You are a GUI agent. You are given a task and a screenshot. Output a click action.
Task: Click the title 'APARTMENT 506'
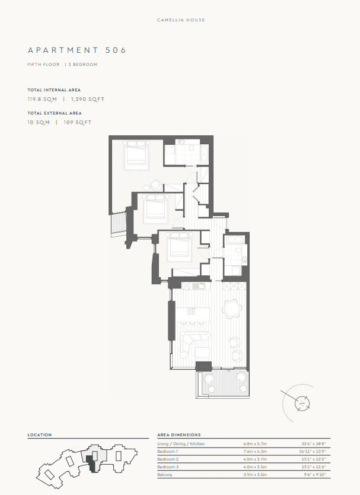[77, 50]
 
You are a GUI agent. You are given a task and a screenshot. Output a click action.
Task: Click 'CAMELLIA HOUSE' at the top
[181, 20]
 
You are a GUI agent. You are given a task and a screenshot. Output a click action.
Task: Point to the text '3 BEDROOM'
[83, 64]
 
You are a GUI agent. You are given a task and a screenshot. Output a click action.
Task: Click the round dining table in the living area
[232, 308]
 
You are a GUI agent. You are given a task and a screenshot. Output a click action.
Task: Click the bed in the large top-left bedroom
[136, 156]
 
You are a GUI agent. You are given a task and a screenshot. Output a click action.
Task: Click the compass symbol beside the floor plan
[303, 402]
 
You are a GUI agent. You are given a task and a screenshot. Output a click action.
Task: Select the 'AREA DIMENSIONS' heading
[179, 435]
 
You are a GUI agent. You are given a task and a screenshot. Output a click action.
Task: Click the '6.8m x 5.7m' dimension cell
[255, 444]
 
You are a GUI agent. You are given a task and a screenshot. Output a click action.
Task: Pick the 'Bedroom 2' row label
[168, 459]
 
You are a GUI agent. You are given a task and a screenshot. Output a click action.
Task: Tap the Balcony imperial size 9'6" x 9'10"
[314, 475]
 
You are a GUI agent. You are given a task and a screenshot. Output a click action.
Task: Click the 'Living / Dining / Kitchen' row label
[181, 444]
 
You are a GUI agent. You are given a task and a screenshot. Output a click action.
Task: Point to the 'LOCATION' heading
[40, 435]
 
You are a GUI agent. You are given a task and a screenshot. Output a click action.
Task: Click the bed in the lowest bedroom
[178, 246]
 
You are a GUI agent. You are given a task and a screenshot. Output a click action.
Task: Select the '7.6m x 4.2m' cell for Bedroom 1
[255, 452]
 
